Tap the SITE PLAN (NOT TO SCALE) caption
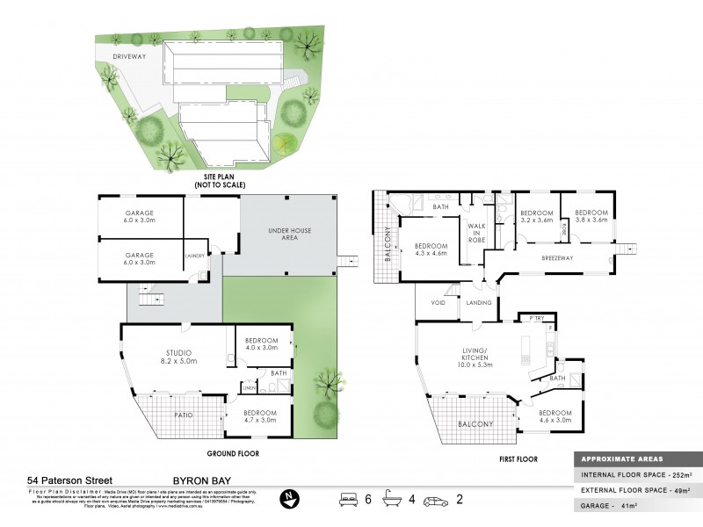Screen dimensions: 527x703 (219, 181)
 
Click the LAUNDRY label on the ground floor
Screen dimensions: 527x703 (195, 256)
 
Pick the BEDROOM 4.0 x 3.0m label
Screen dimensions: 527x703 (261, 344)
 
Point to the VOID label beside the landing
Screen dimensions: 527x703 (438, 303)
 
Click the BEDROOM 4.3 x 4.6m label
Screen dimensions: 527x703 (431, 249)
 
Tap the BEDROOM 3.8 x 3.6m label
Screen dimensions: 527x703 (591, 217)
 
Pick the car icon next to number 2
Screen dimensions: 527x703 (435, 501)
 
